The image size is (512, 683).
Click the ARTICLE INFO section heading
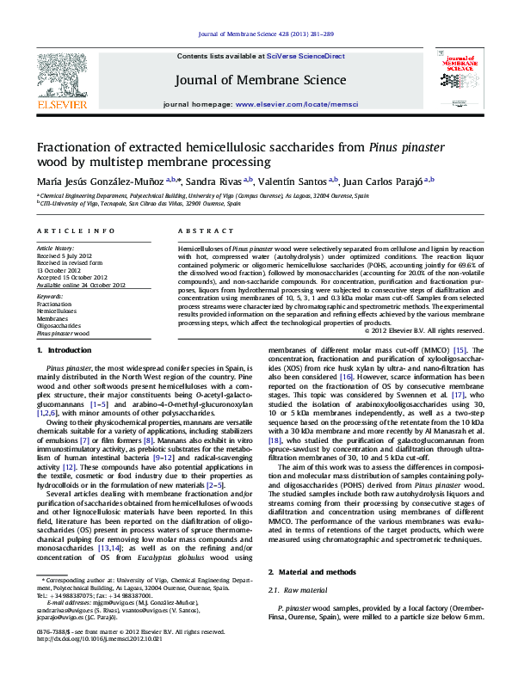coord(76,231)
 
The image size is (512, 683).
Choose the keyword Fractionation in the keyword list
coord(54,304)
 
